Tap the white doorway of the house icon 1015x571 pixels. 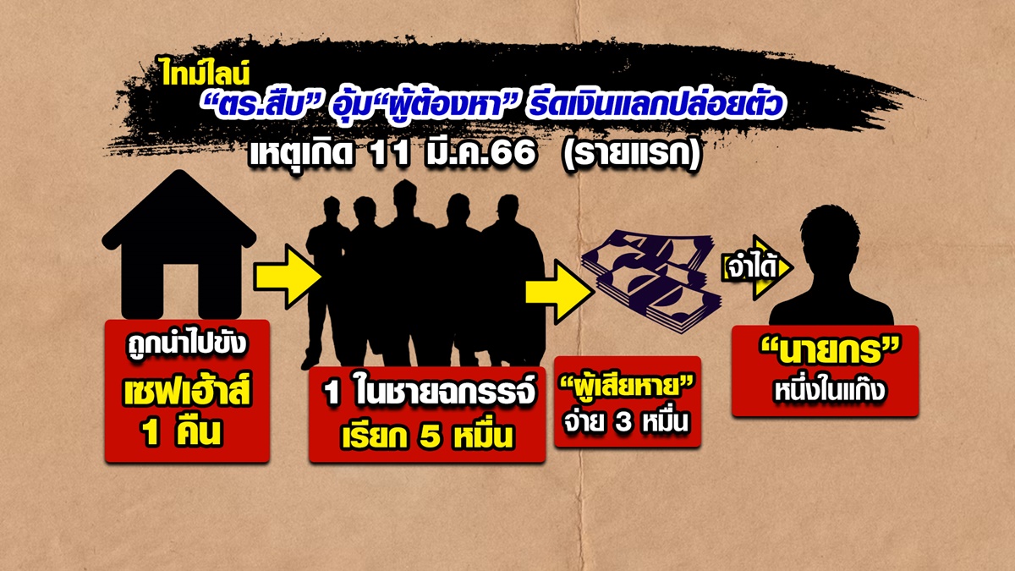point(179,288)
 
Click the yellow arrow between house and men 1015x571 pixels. point(288,276)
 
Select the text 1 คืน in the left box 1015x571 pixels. point(183,434)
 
